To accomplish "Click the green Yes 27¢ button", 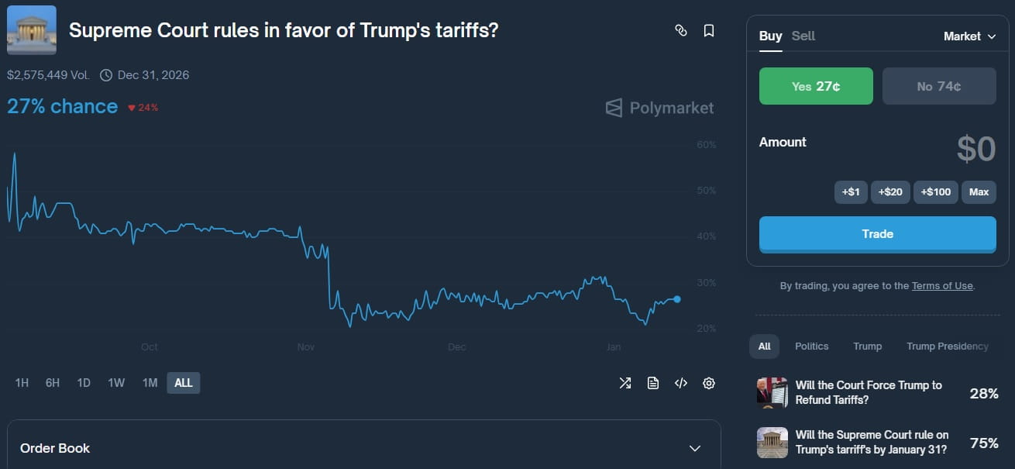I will [816, 86].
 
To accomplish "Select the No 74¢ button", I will [939, 86].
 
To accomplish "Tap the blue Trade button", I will [877, 234].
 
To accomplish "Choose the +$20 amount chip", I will [890, 191].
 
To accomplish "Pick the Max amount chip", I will [979, 191].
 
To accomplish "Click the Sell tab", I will [803, 36].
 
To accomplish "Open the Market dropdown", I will [969, 36].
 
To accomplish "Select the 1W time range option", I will [116, 383].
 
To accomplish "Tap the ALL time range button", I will [184, 383].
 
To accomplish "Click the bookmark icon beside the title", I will [708, 31].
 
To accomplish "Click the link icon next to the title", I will [681, 31].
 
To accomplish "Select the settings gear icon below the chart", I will [708, 383].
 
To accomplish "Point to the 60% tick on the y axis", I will [706, 145].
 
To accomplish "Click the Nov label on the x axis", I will [306, 347].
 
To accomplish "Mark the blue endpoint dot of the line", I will [677, 299].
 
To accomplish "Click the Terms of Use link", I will [941, 286].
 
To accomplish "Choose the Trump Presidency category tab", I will [947, 347].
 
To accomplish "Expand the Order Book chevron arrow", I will [695, 449].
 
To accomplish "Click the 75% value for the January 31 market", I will [984, 443].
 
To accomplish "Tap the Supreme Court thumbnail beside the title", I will [32, 30].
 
